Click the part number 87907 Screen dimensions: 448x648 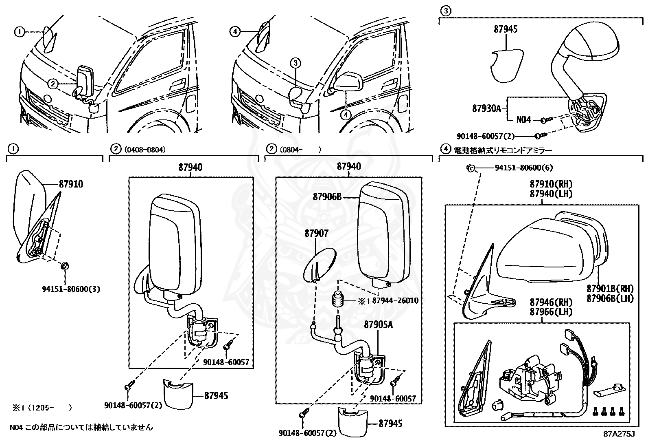[317, 234]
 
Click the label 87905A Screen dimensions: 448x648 [379, 324]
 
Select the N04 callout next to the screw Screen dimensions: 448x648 [523, 120]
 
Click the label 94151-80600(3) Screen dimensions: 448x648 [71, 289]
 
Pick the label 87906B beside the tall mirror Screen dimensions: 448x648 [327, 197]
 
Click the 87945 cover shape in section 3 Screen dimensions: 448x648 [506, 65]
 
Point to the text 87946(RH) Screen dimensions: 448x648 [551, 302]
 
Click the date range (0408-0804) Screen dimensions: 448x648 [144, 150]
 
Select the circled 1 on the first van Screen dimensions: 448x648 [20, 32]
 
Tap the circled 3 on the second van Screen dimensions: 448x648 [296, 62]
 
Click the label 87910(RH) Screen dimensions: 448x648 [551, 184]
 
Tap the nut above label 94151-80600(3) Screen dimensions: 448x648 [65, 266]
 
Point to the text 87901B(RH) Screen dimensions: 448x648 [610, 288]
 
